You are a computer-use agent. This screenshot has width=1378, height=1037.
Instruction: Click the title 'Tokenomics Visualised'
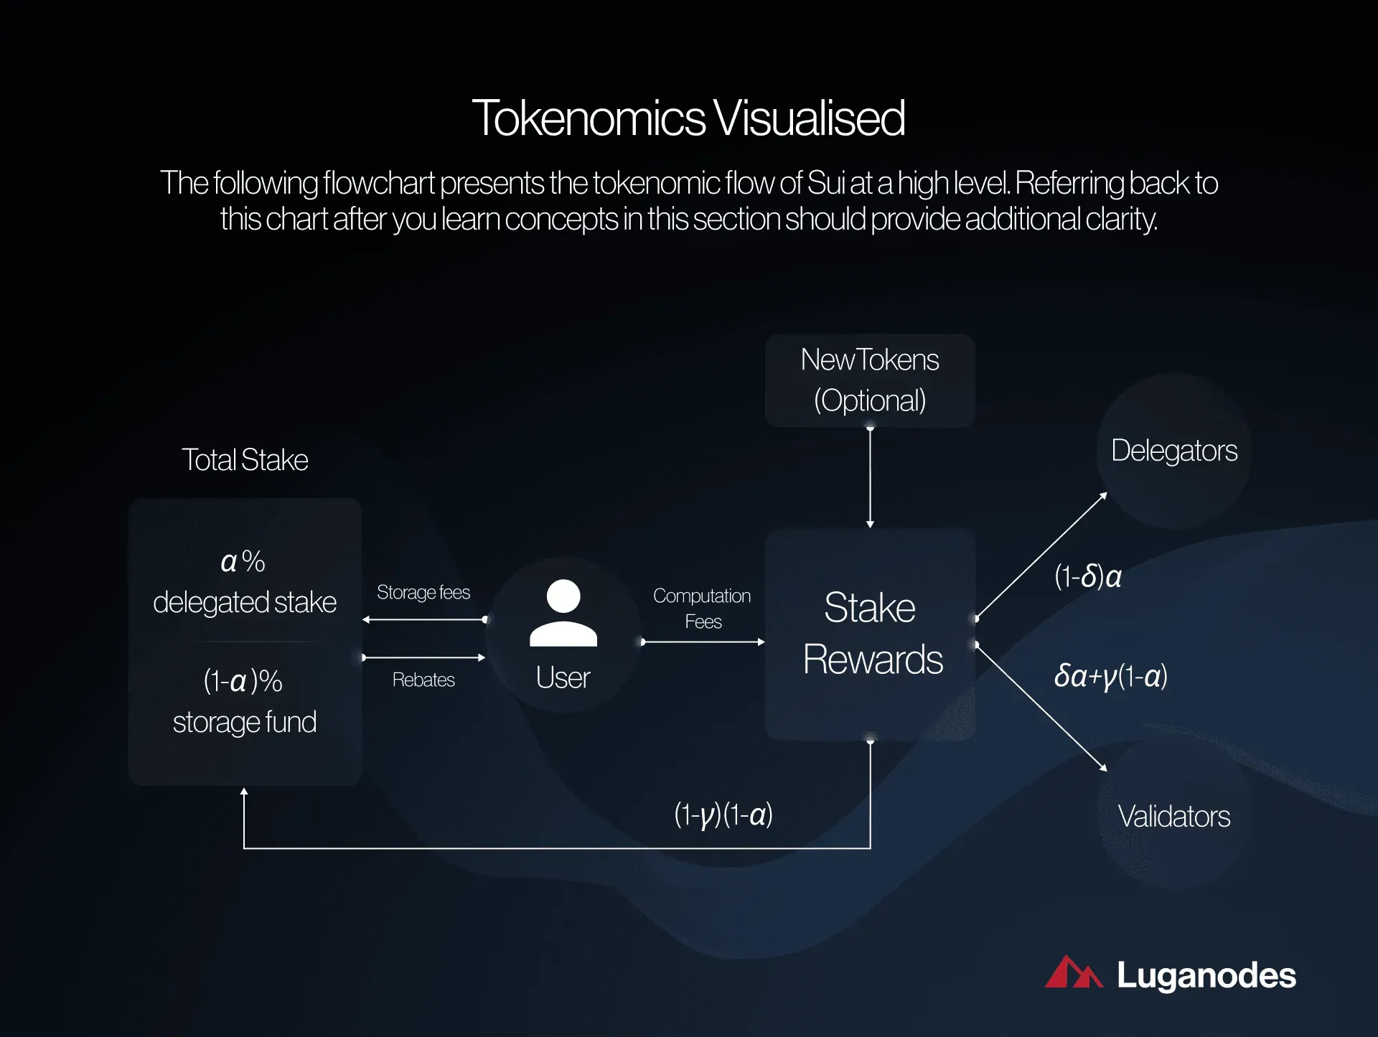[x=688, y=118]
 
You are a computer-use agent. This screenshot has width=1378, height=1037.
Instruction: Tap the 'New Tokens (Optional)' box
[x=870, y=380]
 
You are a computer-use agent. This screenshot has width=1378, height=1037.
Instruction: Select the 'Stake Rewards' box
[x=870, y=634]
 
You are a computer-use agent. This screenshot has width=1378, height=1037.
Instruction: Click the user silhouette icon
[x=563, y=613]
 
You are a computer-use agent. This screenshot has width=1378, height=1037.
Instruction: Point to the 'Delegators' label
[x=1174, y=451]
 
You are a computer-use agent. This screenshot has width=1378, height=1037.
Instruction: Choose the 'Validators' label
[x=1174, y=817]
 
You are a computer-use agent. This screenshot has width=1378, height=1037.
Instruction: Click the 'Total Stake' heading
[x=245, y=460]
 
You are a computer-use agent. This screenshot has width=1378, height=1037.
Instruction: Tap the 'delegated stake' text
[x=245, y=602]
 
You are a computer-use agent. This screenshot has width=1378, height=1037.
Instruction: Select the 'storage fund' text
[x=245, y=722]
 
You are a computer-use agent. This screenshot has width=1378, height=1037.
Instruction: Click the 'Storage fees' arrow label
[x=423, y=593]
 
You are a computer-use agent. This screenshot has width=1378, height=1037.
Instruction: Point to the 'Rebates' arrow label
[x=423, y=680]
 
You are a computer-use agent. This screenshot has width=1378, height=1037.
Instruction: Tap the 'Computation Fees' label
[x=702, y=609]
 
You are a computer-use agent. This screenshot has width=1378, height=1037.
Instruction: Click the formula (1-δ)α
[x=1088, y=576]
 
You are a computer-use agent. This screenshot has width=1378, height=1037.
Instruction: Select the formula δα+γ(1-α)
[x=1111, y=676]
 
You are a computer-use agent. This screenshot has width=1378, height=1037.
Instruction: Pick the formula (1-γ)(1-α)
[x=723, y=815]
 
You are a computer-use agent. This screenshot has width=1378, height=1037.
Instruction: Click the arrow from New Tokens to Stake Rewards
[x=870, y=478]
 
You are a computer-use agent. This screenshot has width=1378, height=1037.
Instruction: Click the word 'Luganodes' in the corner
[x=1206, y=976]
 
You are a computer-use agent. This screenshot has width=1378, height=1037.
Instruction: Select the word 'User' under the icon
[x=563, y=678]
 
